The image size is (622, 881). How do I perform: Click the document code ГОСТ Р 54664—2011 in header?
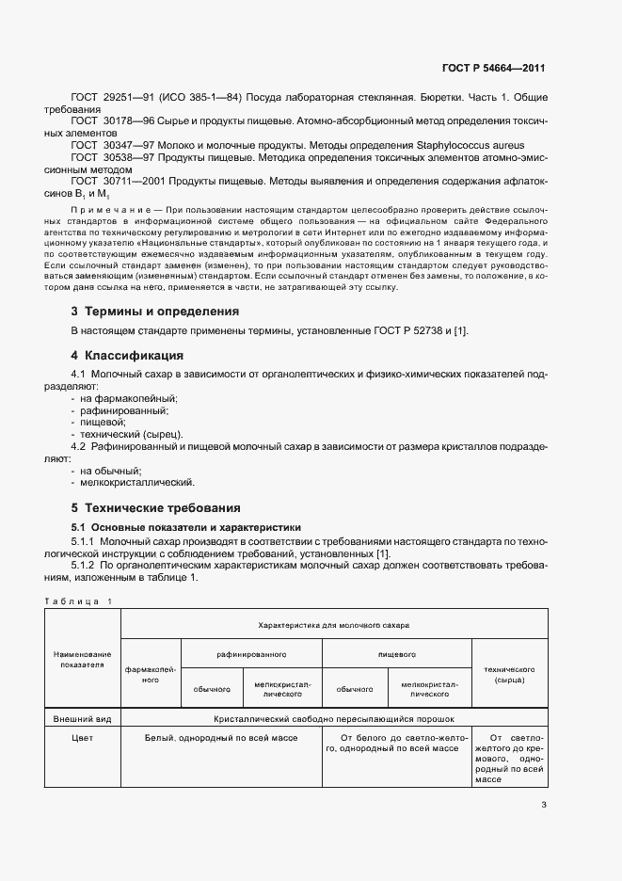point(493,69)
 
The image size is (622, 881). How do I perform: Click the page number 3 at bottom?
point(544,804)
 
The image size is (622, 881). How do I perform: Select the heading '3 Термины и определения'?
point(155,311)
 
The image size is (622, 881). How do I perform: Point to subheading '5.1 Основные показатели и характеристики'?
point(186,527)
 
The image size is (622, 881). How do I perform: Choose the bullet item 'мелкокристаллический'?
point(137,482)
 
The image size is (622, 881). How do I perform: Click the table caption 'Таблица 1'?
point(77,601)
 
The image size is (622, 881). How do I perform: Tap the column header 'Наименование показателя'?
point(82,659)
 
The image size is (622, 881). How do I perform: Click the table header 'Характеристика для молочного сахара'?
point(334,624)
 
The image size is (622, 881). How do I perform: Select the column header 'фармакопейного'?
point(150,674)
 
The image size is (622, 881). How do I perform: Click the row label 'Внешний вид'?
point(82,718)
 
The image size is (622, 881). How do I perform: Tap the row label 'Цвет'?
point(82,738)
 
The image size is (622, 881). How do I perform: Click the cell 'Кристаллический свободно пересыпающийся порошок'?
point(334,718)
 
